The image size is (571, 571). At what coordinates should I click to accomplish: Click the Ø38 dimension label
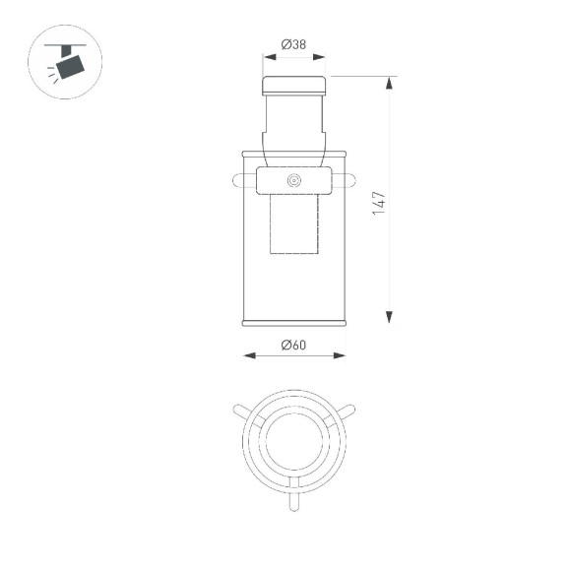293,44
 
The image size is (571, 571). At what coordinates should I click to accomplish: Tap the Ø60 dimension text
293,345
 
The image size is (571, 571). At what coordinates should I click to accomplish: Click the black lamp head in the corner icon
70,67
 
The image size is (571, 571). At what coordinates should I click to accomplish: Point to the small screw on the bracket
293,180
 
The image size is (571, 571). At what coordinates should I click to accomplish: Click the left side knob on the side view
242,180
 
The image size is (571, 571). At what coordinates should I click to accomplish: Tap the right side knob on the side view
346,180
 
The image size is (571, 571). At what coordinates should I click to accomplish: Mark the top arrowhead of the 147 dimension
391,84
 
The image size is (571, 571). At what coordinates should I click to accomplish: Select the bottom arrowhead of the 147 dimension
391,316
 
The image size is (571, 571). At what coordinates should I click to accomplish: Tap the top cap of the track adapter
293,84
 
